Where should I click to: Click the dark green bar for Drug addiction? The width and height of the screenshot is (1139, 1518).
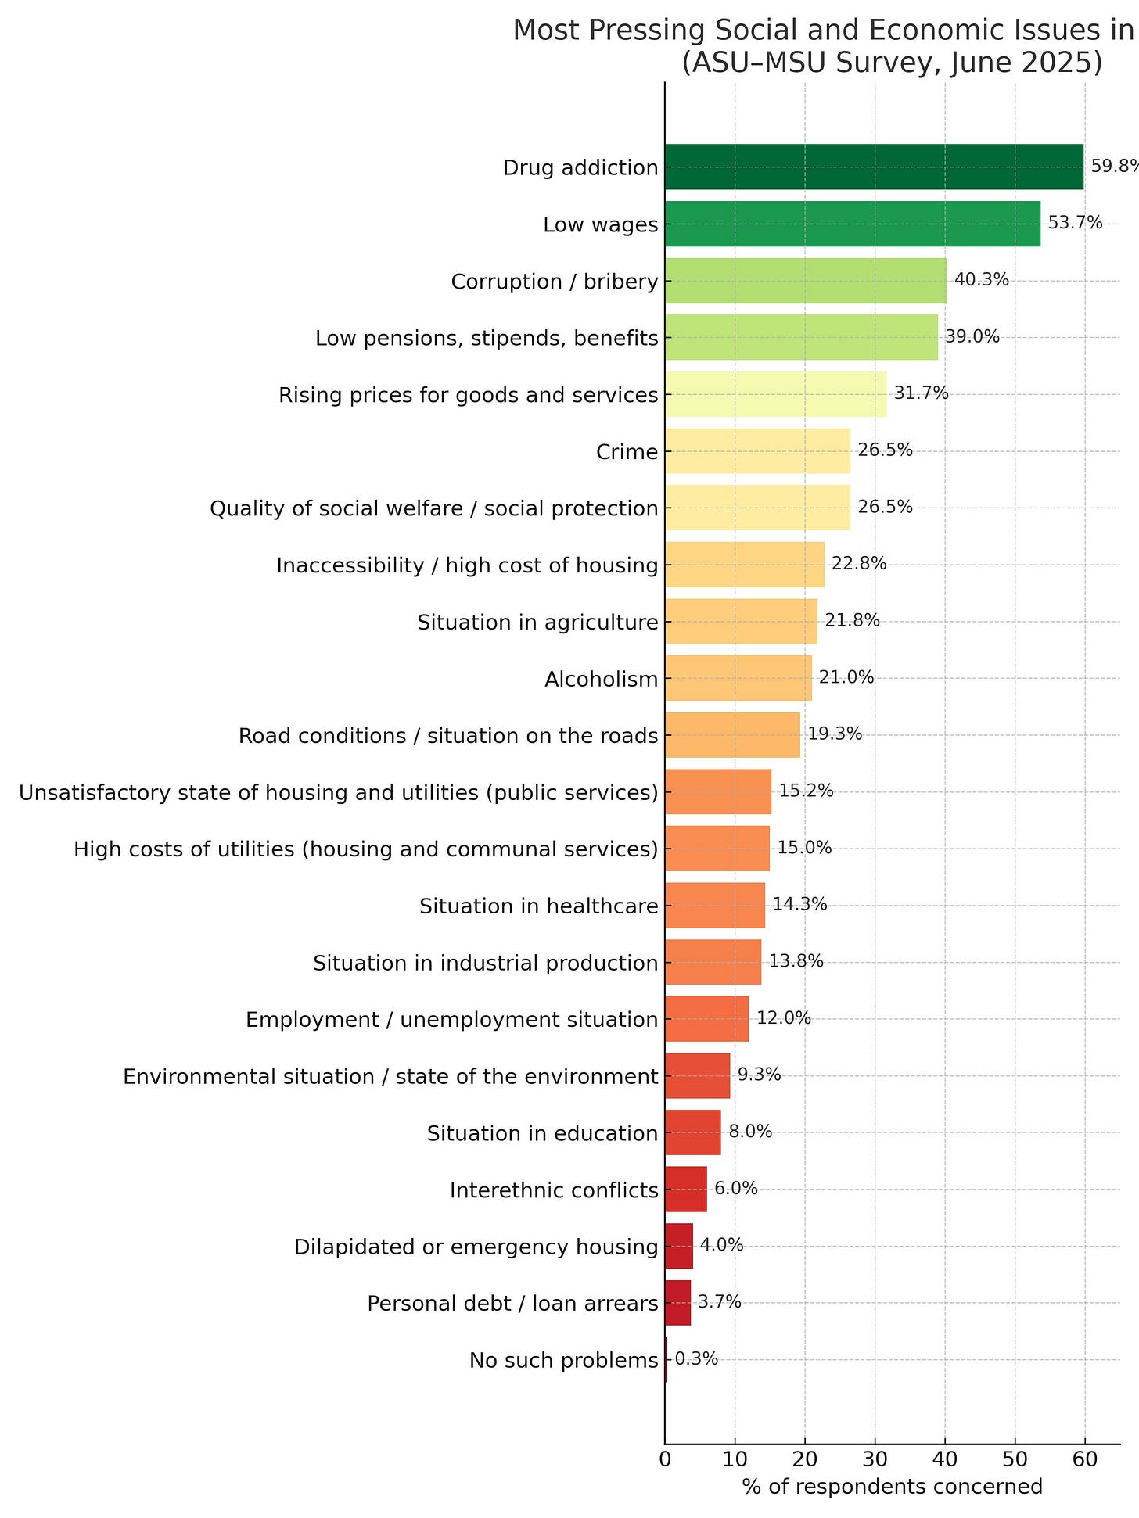point(874,167)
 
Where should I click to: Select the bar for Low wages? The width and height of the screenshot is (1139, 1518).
point(853,224)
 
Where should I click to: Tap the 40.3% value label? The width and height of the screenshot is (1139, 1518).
point(981,280)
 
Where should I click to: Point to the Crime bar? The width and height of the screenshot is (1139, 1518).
point(757,450)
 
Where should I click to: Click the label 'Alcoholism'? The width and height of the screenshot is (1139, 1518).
point(601,679)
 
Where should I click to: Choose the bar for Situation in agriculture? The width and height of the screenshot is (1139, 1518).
point(741,621)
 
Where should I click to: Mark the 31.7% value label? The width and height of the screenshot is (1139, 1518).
point(921,393)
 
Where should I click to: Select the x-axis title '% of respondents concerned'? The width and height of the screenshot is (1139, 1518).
point(892,1486)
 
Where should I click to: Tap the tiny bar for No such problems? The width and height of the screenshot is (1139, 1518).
point(666,1359)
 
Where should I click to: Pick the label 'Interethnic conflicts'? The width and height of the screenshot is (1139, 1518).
point(553,1190)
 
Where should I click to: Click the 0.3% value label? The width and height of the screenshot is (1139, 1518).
point(695,1359)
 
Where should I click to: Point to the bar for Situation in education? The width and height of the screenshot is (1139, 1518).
point(692,1132)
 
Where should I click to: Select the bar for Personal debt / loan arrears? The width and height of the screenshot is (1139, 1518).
point(677,1303)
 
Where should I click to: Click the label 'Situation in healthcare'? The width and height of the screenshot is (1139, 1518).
point(538,906)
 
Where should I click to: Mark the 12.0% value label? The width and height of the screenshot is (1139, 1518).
point(783,1018)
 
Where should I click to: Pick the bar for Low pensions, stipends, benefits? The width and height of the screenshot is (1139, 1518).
point(801,337)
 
